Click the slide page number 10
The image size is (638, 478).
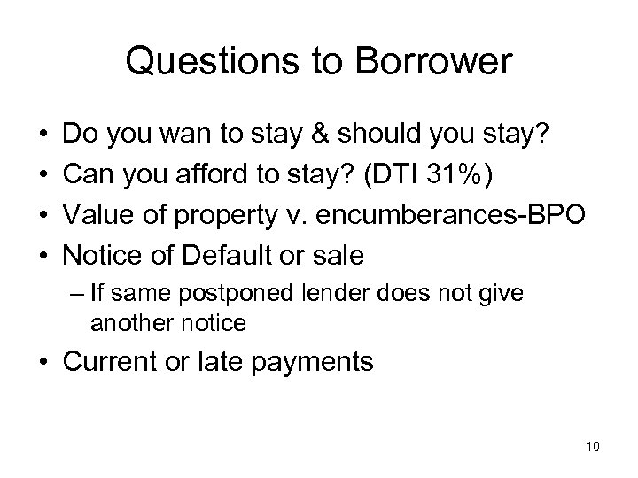coord(592,444)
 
